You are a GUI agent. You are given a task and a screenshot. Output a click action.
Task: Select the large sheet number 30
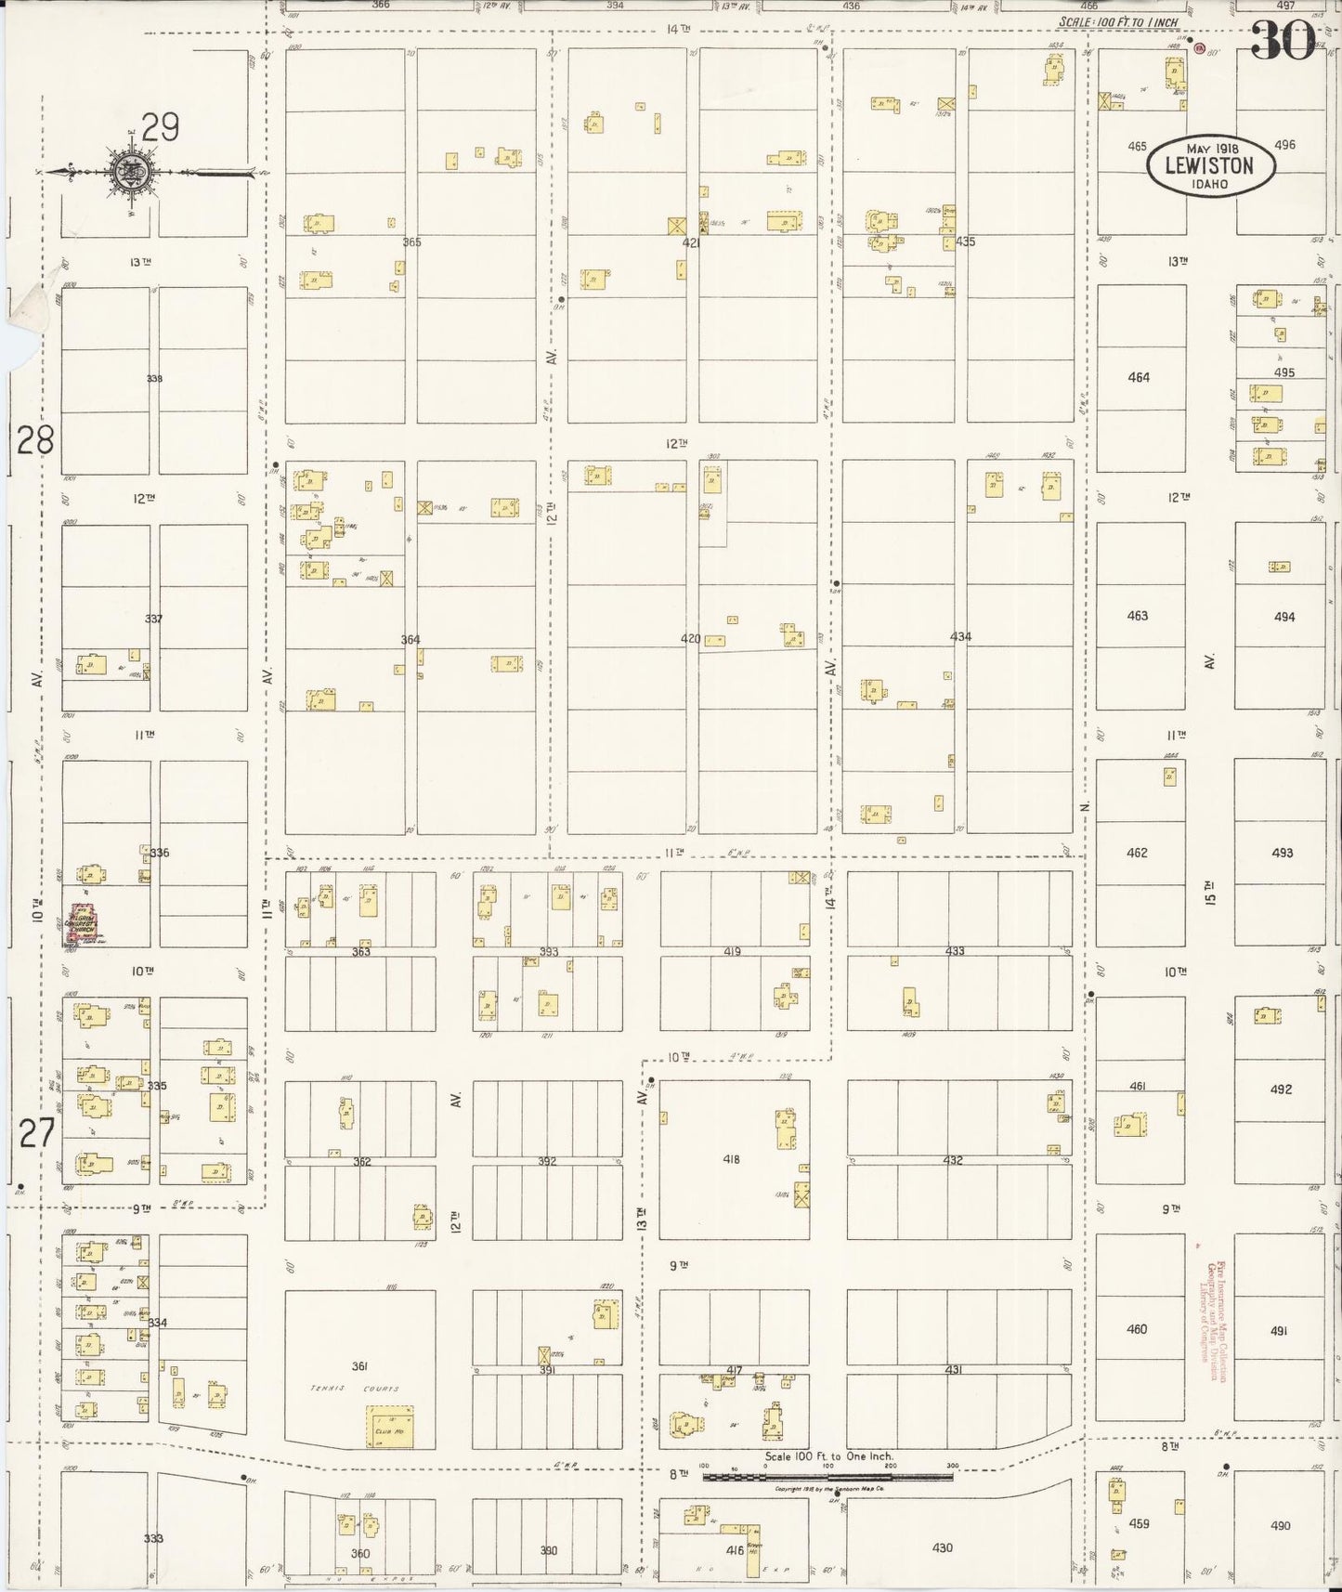pos(1282,39)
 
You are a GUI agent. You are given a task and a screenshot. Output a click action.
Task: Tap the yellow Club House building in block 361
pos(389,1427)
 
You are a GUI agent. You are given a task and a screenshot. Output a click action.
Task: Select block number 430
pos(942,1548)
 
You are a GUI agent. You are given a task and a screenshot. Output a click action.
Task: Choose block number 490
pos(1281,1525)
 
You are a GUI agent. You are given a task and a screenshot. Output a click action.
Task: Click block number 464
pos(1138,377)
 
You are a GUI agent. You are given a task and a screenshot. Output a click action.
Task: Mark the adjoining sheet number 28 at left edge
pos(35,439)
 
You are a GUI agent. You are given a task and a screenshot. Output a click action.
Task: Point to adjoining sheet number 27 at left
pos(35,1133)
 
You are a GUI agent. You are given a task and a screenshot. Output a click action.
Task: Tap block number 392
pos(547,1161)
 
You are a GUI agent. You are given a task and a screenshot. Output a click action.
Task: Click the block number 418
pos(731,1159)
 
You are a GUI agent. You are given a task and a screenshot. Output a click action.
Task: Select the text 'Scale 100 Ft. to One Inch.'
pos(828,1456)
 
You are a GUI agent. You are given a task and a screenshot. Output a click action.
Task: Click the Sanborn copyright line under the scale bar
pos(829,1489)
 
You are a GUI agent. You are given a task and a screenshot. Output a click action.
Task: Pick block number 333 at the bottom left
pos(153,1539)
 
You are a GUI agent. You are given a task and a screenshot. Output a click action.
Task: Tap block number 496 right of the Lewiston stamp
pos(1284,145)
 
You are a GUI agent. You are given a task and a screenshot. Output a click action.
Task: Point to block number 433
pos(954,951)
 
